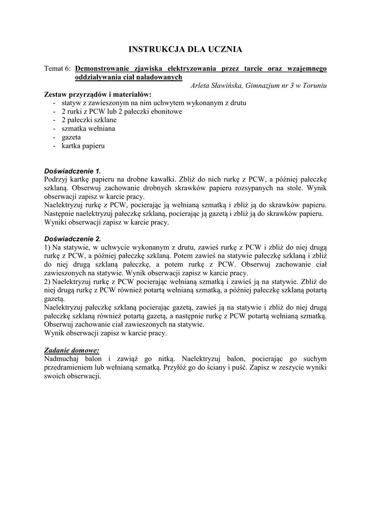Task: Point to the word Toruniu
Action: (x=312, y=85)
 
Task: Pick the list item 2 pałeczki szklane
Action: (x=88, y=120)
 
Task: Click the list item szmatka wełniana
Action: (x=88, y=128)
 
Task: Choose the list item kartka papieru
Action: (x=83, y=146)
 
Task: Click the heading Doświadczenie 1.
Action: (x=73, y=171)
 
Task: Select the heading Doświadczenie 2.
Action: (x=73, y=238)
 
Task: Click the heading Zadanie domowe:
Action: (x=72, y=351)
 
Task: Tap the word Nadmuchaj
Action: (x=64, y=359)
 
